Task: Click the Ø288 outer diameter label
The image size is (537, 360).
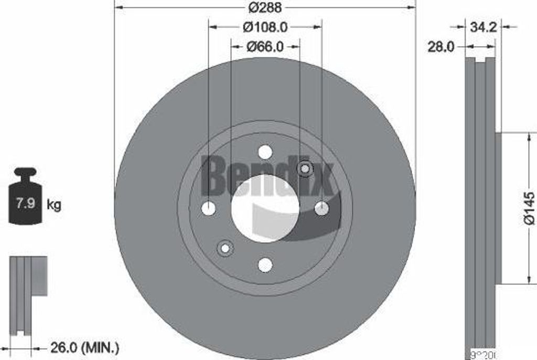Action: [x=265, y=7]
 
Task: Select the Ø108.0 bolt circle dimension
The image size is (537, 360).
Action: [x=265, y=26]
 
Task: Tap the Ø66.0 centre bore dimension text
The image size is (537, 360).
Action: [x=265, y=46]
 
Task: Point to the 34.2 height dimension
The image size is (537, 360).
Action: [x=483, y=27]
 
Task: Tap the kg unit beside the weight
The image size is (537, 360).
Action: [x=54, y=205]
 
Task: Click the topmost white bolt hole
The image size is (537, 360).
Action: [x=265, y=152]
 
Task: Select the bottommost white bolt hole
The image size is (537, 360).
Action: [x=265, y=265]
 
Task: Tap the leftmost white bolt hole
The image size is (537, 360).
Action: [x=209, y=208]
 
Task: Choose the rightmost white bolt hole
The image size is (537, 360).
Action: [x=321, y=208]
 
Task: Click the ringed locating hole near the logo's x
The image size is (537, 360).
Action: [x=305, y=168]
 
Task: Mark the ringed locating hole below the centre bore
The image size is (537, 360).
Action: [x=225, y=248]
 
